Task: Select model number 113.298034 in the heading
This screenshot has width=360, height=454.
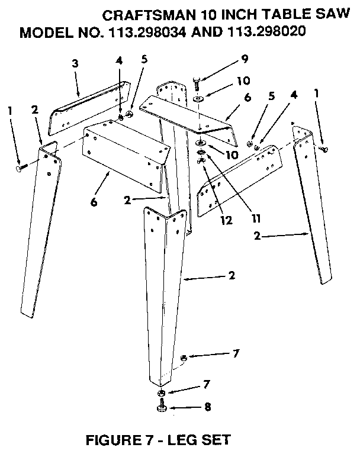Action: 143,32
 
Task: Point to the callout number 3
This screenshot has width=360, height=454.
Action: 75,63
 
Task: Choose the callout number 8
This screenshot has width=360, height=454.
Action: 206,407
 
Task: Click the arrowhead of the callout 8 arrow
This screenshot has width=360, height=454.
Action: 170,407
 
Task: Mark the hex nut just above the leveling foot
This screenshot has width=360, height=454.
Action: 161,393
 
